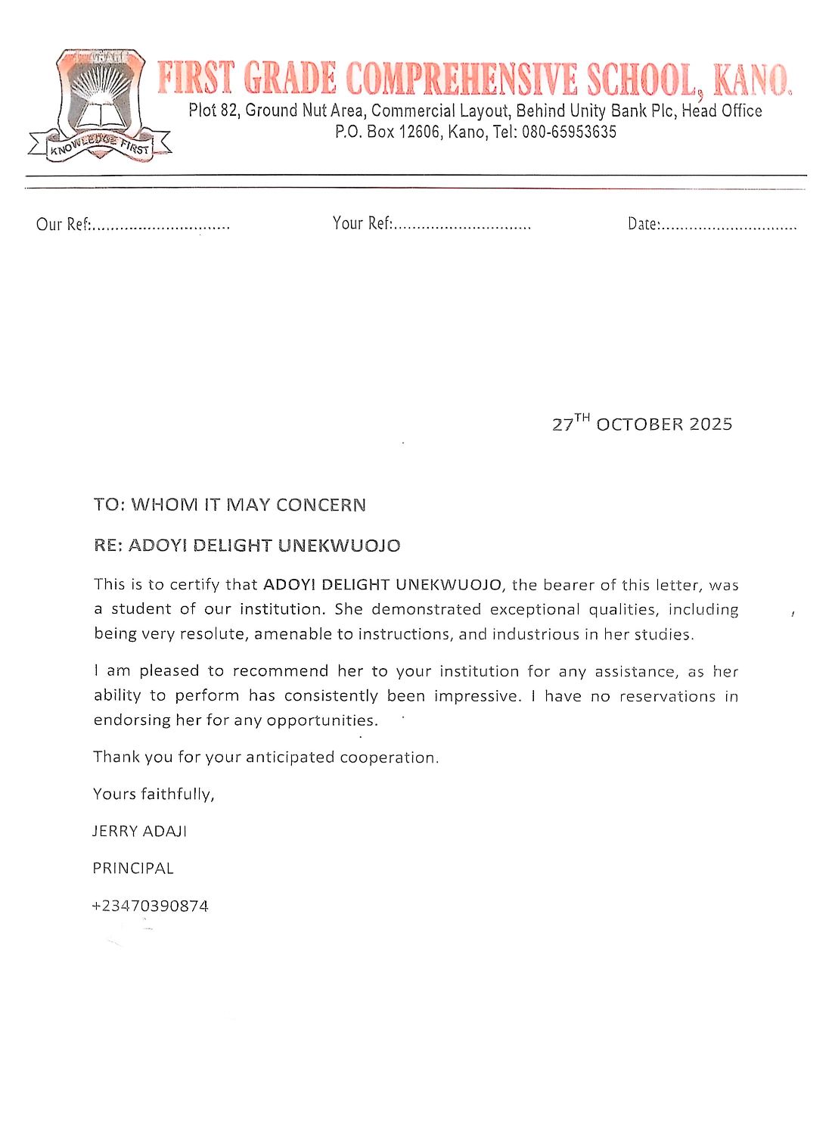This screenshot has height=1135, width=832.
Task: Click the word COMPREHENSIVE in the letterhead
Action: click(462, 79)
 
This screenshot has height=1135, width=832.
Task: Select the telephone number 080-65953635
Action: click(569, 132)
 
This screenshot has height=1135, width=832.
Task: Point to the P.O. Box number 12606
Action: click(418, 132)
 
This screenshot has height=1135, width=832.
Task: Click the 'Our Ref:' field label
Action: click(64, 224)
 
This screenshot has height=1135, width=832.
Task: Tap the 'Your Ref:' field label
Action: click(362, 223)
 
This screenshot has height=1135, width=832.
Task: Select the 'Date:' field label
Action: click(644, 224)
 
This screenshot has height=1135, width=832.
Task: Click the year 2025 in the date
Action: click(711, 424)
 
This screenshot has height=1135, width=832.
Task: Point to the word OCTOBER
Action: click(639, 424)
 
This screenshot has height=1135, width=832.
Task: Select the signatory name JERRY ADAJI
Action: click(139, 831)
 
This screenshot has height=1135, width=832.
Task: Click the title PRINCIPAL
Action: click(133, 868)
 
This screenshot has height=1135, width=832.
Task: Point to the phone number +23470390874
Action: click(150, 906)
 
